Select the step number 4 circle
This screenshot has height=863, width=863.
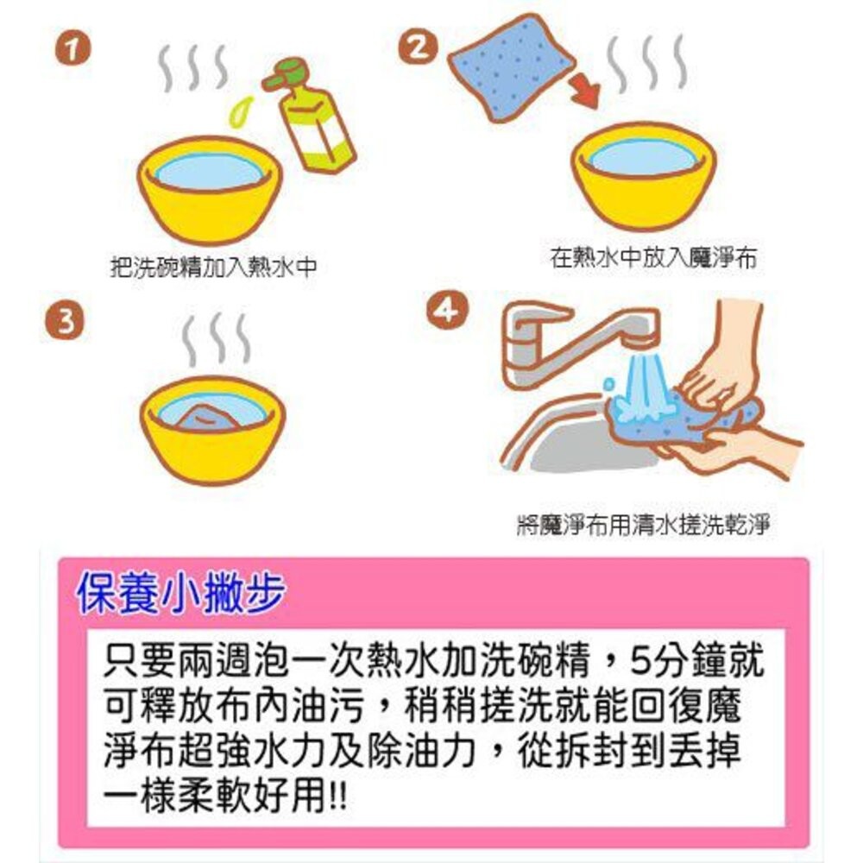446,312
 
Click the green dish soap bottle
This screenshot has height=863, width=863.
313,117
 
